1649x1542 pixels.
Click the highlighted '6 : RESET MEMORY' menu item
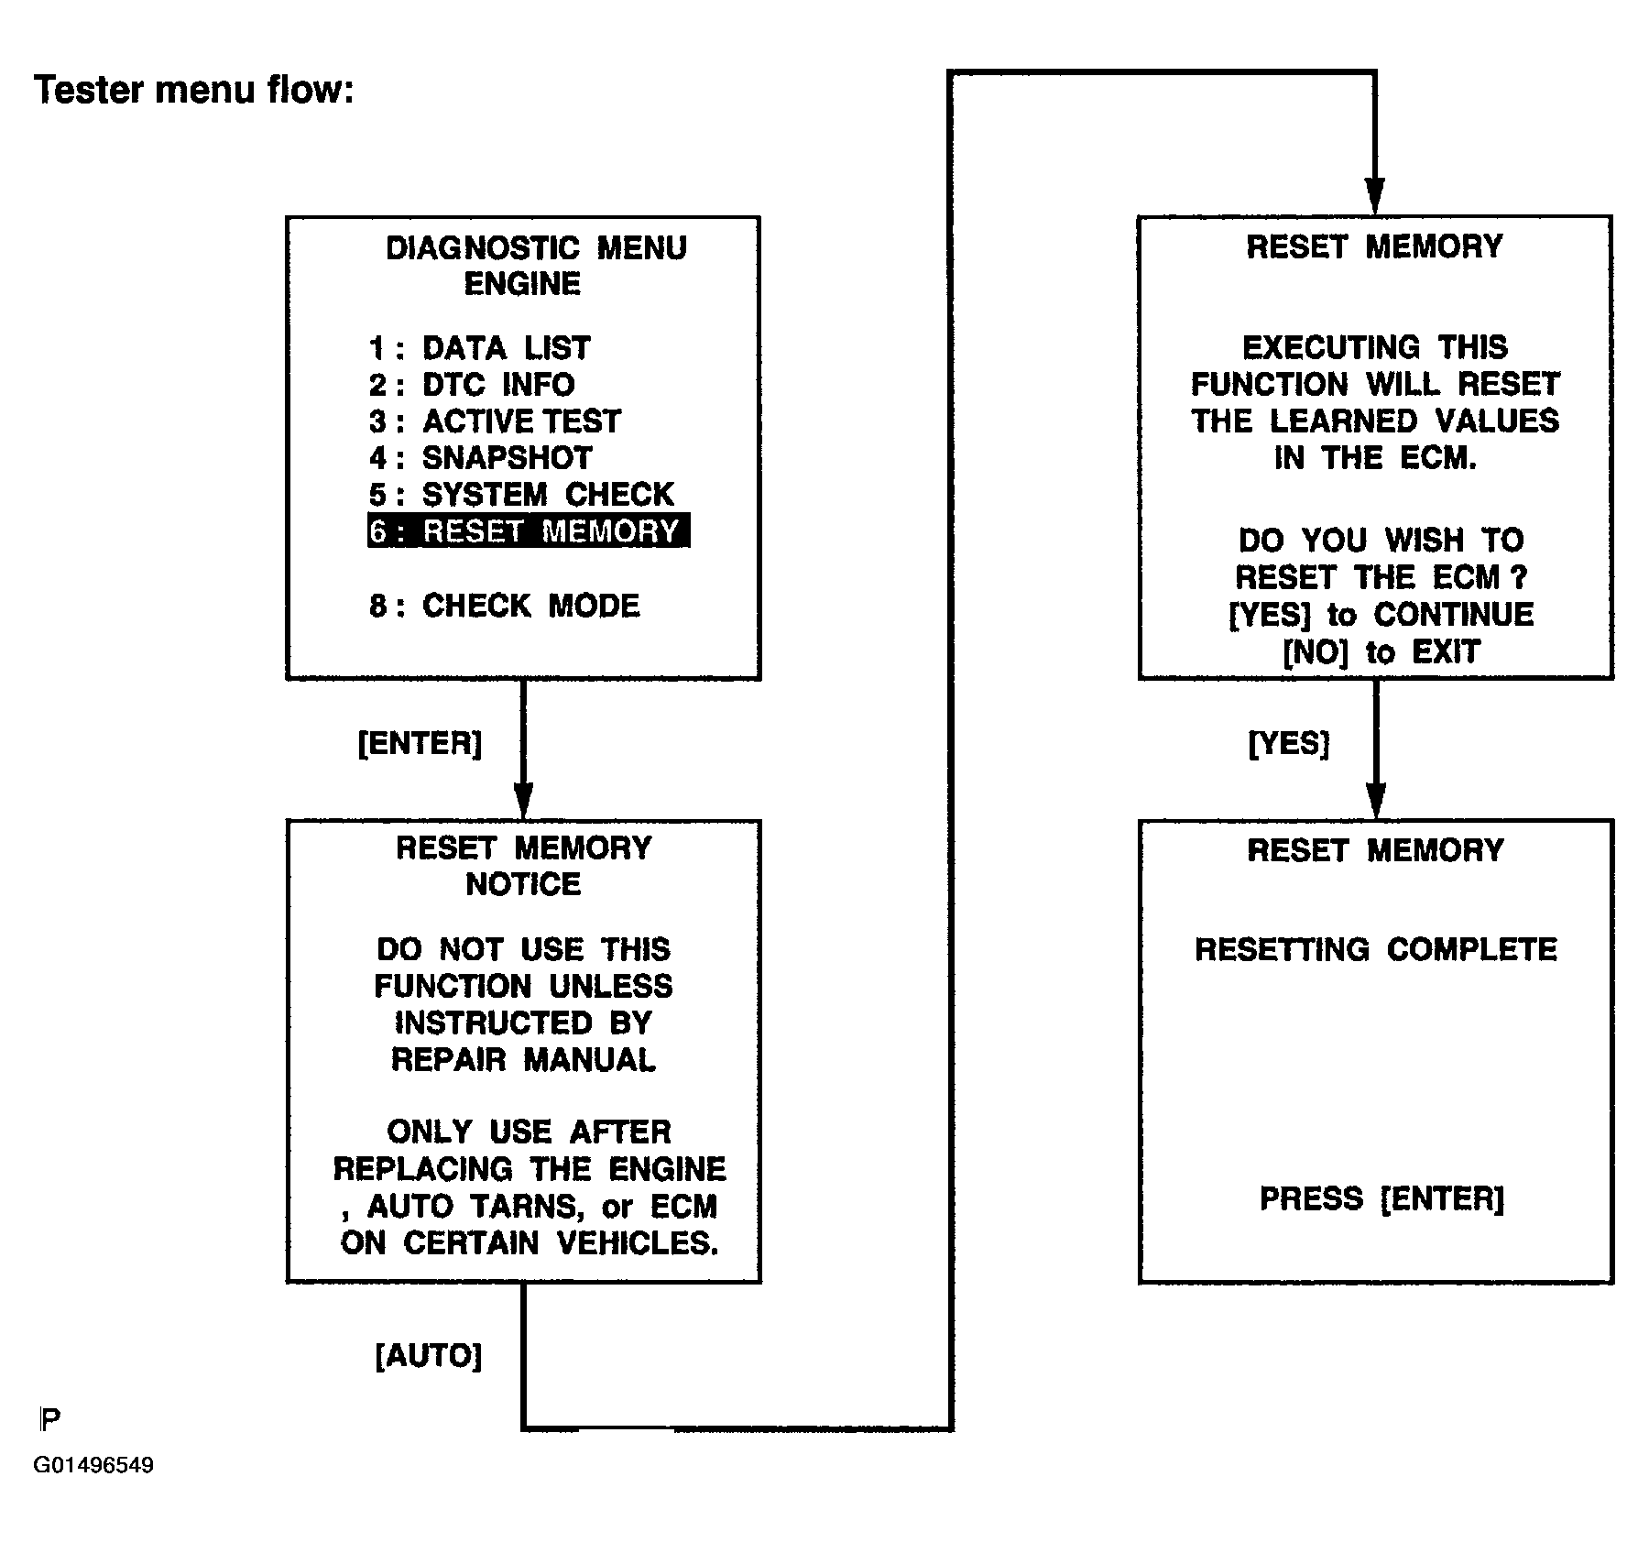tap(529, 530)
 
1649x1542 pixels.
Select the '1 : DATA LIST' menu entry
tap(479, 348)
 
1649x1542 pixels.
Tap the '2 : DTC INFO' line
tap(472, 385)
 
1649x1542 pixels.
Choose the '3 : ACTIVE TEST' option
tap(495, 421)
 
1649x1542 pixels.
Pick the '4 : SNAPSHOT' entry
tap(480, 458)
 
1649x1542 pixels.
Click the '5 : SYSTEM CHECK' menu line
tap(521, 495)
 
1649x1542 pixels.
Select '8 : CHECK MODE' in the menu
tap(505, 606)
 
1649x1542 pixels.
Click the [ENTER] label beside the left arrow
tap(420, 742)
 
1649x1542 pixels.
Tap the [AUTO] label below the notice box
tap(429, 1355)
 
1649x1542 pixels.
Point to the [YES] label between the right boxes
tap(1289, 742)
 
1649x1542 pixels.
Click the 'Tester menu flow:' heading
tap(194, 90)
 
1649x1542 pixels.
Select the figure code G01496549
tap(93, 1465)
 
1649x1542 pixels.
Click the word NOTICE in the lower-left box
tap(523, 884)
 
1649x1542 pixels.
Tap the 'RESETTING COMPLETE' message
tap(1376, 949)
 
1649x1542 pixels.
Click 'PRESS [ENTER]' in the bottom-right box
tap(1381, 1198)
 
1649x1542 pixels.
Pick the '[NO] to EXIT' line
tap(1381, 652)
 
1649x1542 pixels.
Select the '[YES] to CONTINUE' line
tap(1381, 615)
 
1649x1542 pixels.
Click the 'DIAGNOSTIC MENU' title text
tap(536, 248)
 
